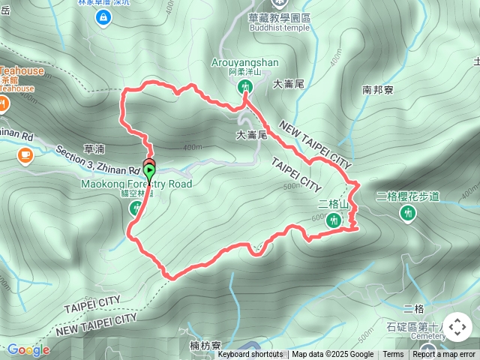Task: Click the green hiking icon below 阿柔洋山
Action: [x=244, y=87]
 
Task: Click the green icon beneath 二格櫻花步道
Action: [x=409, y=214]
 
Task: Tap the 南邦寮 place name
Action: [x=378, y=89]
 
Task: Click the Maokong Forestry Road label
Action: [x=137, y=184]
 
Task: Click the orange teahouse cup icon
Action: [x=25, y=155]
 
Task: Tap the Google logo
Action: [x=28, y=349]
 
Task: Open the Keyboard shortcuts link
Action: [x=250, y=355]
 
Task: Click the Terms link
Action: [x=393, y=355]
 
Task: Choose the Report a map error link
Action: [x=444, y=355]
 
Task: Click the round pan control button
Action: [x=457, y=327]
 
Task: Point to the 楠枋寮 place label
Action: [x=205, y=346]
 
